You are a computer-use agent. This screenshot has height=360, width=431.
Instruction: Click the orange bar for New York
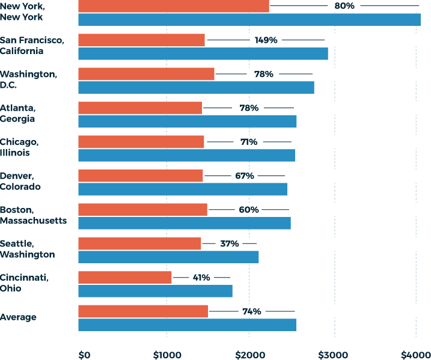tap(173, 6)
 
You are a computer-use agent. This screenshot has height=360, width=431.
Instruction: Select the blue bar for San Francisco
tap(203, 53)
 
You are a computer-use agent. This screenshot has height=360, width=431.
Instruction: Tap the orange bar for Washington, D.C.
tap(146, 74)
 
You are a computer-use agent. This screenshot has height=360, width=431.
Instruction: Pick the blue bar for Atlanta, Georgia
tap(187, 121)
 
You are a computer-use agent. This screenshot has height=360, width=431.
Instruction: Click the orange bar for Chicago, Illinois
tap(141, 142)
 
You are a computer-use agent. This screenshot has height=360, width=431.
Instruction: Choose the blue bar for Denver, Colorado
tap(182, 189)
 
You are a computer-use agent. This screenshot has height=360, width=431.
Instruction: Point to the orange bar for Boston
tap(142, 209)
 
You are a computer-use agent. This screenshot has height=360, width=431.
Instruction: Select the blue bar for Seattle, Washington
tap(168, 257)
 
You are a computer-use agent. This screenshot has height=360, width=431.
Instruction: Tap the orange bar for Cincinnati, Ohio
tap(124, 278)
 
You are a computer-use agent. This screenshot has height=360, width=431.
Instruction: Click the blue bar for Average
tap(187, 325)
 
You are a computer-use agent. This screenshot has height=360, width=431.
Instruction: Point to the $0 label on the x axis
tap(84, 354)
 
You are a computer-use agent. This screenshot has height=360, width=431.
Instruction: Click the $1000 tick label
tap(166, 354)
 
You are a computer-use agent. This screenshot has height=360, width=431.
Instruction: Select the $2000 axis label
tap(249, 354)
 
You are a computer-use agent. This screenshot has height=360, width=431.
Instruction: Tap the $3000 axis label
tap(332, 354)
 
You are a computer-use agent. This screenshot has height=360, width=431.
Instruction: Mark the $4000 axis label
tap(415, 354)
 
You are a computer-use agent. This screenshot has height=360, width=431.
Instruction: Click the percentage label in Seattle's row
tap(229, 244)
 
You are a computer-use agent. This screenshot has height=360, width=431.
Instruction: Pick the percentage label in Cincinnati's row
tap(201, 278)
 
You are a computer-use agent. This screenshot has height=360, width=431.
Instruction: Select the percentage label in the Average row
tap(252, 312)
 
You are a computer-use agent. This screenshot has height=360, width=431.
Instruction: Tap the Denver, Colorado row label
tap(20, 182)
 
